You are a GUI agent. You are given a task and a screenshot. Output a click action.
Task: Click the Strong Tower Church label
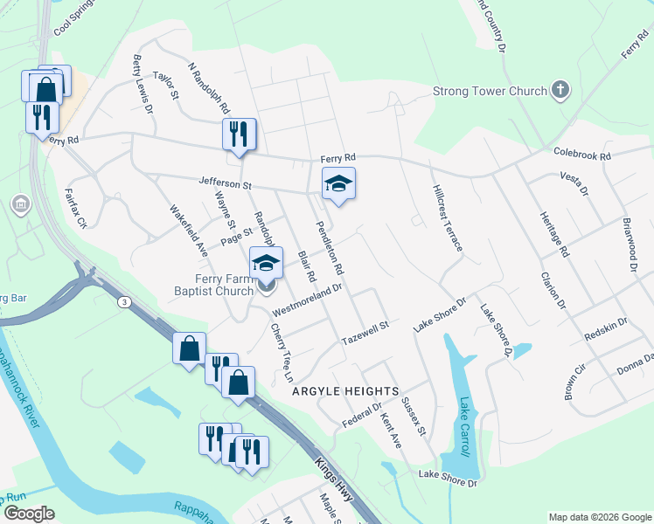click(x=489, y=91)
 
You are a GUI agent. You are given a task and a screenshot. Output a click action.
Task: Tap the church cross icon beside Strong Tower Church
click(x=560, y=90)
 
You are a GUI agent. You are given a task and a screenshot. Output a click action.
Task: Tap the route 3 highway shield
click(x=126, y=301)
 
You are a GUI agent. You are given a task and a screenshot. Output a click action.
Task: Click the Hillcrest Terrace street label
click(x=446, y=218)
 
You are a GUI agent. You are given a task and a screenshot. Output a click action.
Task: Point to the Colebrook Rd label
click(x=581, y=154)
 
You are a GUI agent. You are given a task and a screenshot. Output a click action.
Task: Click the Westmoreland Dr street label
click(x=305, y=300)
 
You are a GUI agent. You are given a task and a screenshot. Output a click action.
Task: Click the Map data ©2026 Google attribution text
click(x=599, y=517)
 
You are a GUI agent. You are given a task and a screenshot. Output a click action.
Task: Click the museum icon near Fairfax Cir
click(x=19, y=204)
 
